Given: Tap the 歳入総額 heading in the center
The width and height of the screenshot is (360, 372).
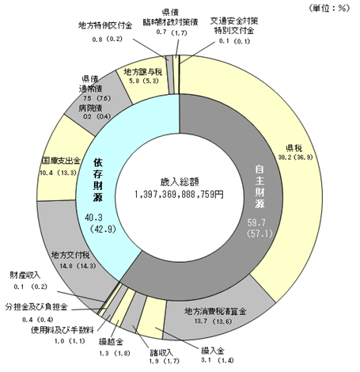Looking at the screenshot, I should coord(180,181).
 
